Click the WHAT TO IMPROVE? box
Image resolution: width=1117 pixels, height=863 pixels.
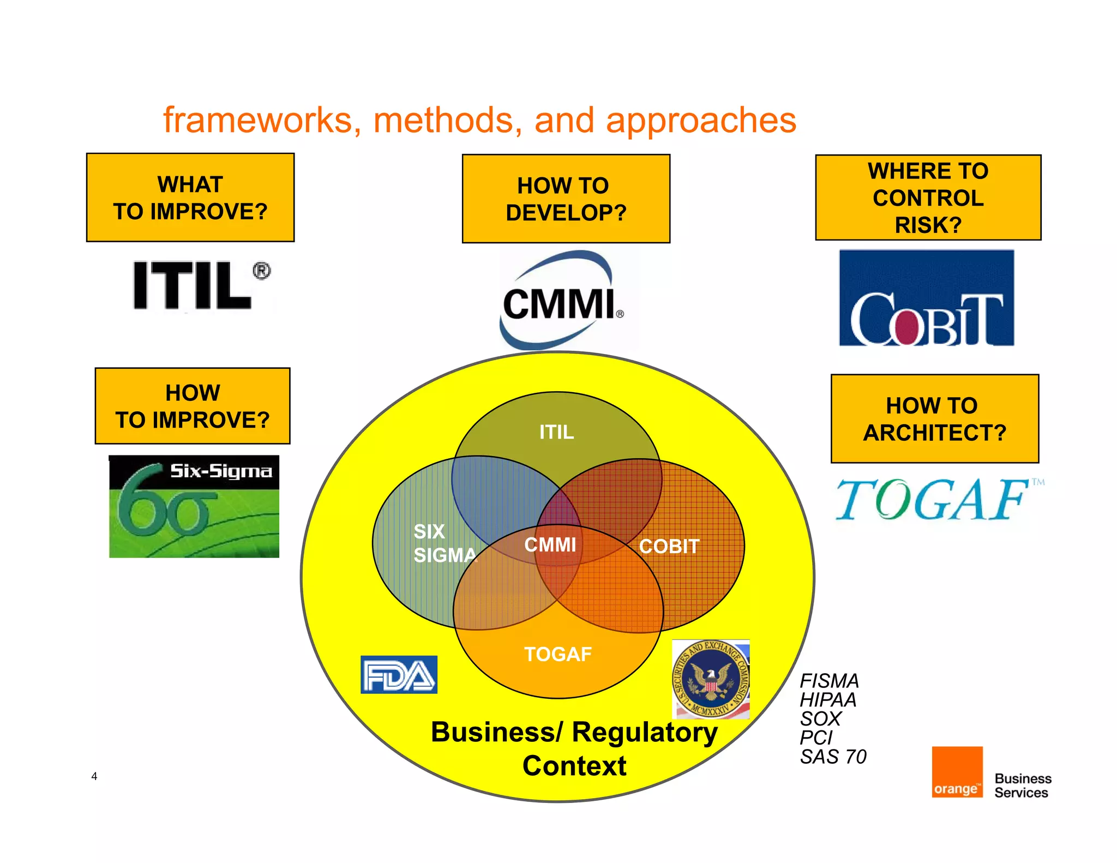coord(190,197)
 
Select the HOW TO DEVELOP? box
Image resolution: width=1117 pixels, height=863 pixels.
coord(566,199)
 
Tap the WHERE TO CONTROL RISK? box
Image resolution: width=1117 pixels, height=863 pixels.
coord(928,197)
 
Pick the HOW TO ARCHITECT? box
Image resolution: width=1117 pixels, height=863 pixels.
coord(934,418)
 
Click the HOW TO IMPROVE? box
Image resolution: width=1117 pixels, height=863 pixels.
coord(193,406)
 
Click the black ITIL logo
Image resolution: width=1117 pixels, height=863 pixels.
coord(200,285)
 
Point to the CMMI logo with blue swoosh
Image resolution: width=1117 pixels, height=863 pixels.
coord(562,302)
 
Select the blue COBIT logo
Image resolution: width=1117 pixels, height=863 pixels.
coord(926,298)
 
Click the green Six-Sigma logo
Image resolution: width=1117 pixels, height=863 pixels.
coord(194,506)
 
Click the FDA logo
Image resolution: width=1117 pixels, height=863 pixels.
coord(399,675)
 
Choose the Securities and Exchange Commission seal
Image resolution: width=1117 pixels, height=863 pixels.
coord(711,679)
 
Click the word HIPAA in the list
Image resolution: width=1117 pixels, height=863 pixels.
coord(828,700)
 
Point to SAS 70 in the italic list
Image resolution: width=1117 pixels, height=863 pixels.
coord(833,757)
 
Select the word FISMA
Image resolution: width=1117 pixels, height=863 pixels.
coord(829,681)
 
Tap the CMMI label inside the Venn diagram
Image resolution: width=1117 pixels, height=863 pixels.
coord(550,544)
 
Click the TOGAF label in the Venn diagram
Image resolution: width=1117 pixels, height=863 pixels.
coord(557,654)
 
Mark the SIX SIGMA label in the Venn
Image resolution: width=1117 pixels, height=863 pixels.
coord(443,543)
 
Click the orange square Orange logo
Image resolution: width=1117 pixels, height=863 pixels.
coord(957,772)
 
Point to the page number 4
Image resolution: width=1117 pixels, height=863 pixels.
coord(94,776)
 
